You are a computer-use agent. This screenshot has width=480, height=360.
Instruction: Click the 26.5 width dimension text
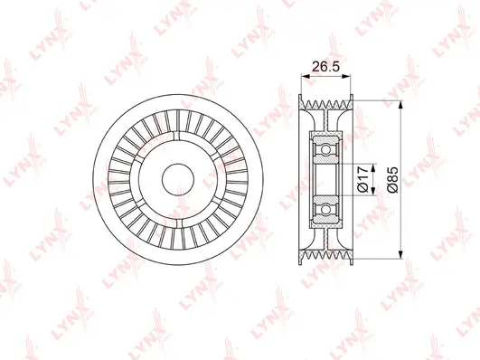point(323,65)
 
